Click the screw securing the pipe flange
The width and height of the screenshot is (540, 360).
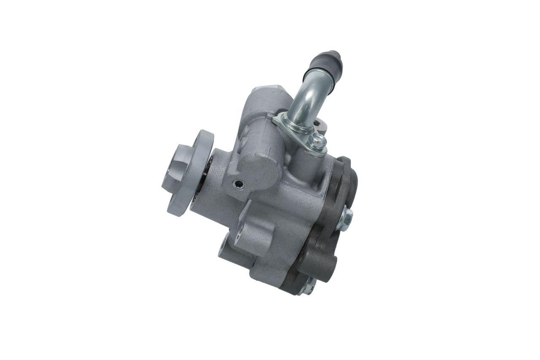(x=318, y=141)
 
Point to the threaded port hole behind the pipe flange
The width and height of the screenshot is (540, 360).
(x=319, y=125)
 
